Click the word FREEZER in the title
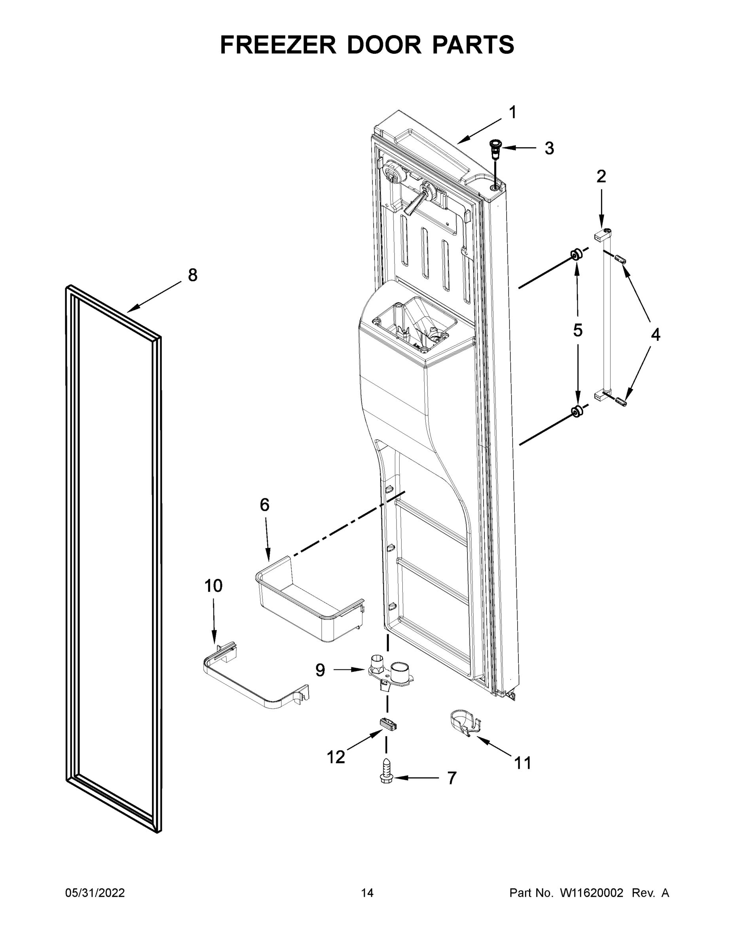278,45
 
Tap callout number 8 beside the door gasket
193,275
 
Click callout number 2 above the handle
601,176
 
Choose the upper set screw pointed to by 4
620,260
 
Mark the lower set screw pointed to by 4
621,401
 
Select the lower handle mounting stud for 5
577,412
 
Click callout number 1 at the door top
513,113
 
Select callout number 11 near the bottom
523,763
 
